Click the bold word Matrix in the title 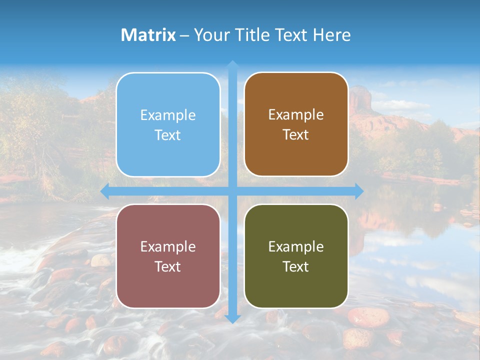coord(148,35)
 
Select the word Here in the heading coord(332,35)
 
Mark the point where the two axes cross coord(232,191)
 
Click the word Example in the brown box coord(296,114)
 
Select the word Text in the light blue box coord(168,135)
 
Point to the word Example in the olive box coord(296,246)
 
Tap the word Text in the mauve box coord(168,266)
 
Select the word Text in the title coord(290,35)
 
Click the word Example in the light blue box coord(168,115)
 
